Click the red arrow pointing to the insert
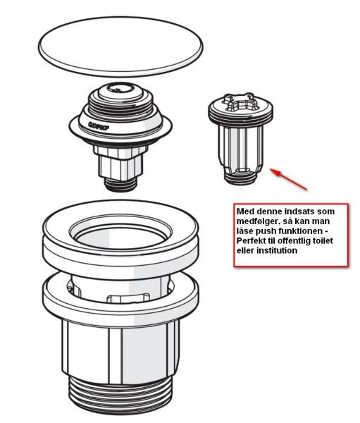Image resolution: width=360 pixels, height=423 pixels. point(288,179)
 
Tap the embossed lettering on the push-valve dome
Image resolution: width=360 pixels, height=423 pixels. point(99,126)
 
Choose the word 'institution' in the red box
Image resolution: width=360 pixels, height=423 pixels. point(277,250)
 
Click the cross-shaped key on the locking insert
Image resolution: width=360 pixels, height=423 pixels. point(239,102)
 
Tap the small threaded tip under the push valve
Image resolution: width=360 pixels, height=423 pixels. point(120,184)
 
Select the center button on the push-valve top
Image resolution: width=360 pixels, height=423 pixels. point(120,90)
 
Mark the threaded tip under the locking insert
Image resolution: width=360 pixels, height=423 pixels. point(240,177)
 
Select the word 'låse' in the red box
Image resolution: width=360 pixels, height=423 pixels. point(245,231)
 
